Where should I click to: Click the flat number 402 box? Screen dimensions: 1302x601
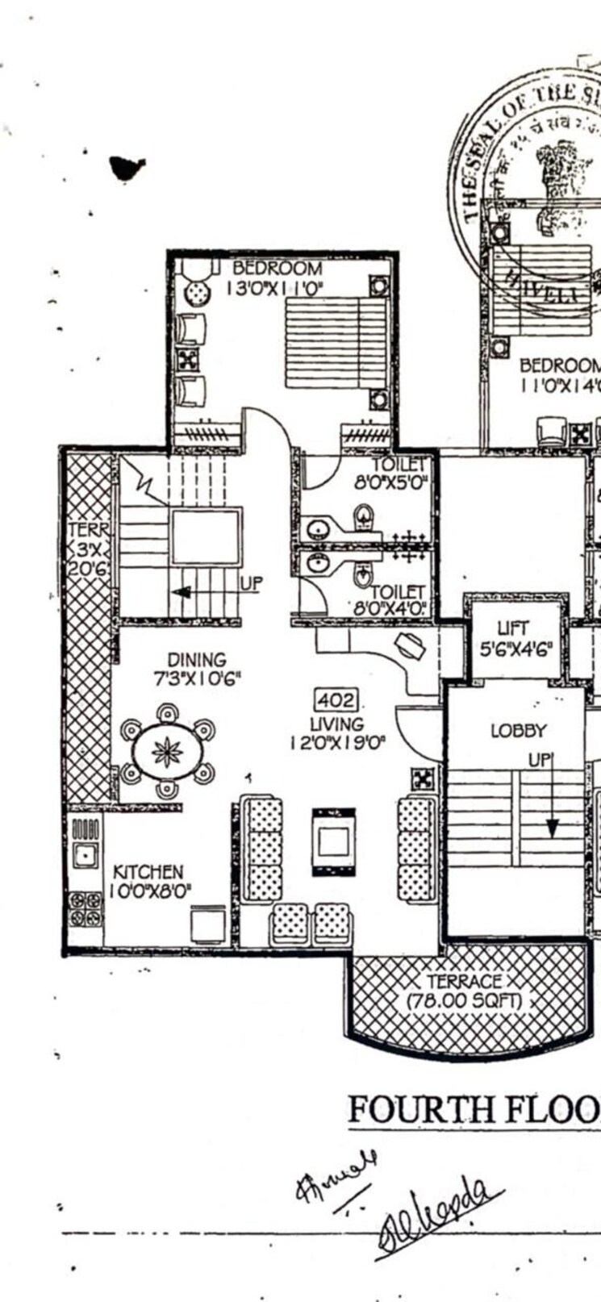pos(335,699)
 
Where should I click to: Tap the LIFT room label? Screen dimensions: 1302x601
pos(513,627)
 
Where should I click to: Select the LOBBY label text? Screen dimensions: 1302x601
pos(518,731)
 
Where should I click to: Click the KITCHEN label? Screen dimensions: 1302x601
pos(148,872)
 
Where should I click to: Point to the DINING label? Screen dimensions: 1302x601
pos(196,660)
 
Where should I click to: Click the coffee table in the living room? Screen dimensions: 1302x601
pos(333,841)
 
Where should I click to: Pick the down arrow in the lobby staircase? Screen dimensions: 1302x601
pos(552,825)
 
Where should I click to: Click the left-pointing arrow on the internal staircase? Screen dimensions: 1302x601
pos(183,591)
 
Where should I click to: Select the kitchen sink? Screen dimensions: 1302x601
pos(86,854)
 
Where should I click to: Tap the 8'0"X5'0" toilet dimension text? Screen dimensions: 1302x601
pos(390,484)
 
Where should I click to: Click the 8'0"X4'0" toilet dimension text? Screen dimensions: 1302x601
pos(390,609)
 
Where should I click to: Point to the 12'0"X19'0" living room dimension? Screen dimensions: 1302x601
pos(337,742)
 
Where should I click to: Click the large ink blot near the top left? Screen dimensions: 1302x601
pos(127,167)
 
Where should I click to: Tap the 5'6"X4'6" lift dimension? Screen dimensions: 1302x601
pos(514,648)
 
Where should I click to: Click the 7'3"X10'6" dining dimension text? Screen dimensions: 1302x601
pos(197,678)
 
